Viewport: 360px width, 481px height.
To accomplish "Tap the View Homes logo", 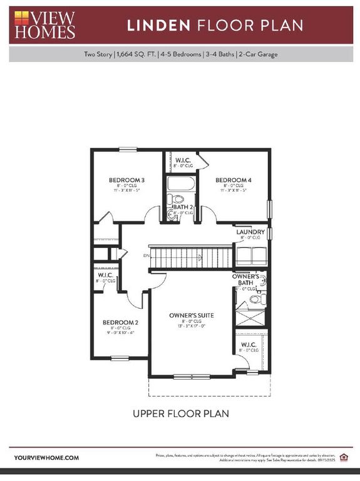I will coord(44,25).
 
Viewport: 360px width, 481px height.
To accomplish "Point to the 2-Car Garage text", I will coord(258,54).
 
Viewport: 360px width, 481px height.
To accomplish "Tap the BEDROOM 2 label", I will coord(120,323).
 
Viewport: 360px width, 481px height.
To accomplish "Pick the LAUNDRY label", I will coord(250,232).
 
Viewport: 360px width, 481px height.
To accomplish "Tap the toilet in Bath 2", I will coord(172,199).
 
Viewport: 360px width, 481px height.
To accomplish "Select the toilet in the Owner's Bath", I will coord(254,299).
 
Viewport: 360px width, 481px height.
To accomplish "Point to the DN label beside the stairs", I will coord(146,256).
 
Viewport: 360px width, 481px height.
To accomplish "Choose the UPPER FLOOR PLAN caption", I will coord(180,413).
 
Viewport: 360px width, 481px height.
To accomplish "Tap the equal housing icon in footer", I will coord(342,456).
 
